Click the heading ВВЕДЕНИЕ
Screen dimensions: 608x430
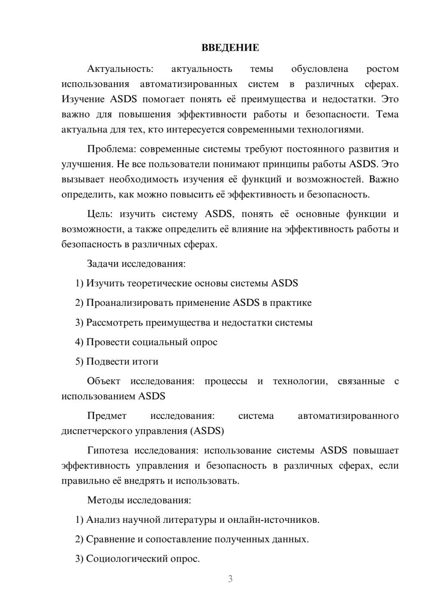coord(230,48)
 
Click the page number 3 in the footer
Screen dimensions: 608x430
coord(230,579)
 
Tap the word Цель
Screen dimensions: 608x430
coord(99,214)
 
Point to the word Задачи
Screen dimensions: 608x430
coord(103,264)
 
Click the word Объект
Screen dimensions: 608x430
coord(103,381)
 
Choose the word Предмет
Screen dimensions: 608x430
coord(107,416)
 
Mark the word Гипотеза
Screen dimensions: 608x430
coord(107,451)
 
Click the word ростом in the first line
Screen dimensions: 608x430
coord(382,69)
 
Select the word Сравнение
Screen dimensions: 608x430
coord(111,539)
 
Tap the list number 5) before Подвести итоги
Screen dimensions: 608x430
coord(79,362)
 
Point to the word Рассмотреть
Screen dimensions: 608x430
coord(114,322)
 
